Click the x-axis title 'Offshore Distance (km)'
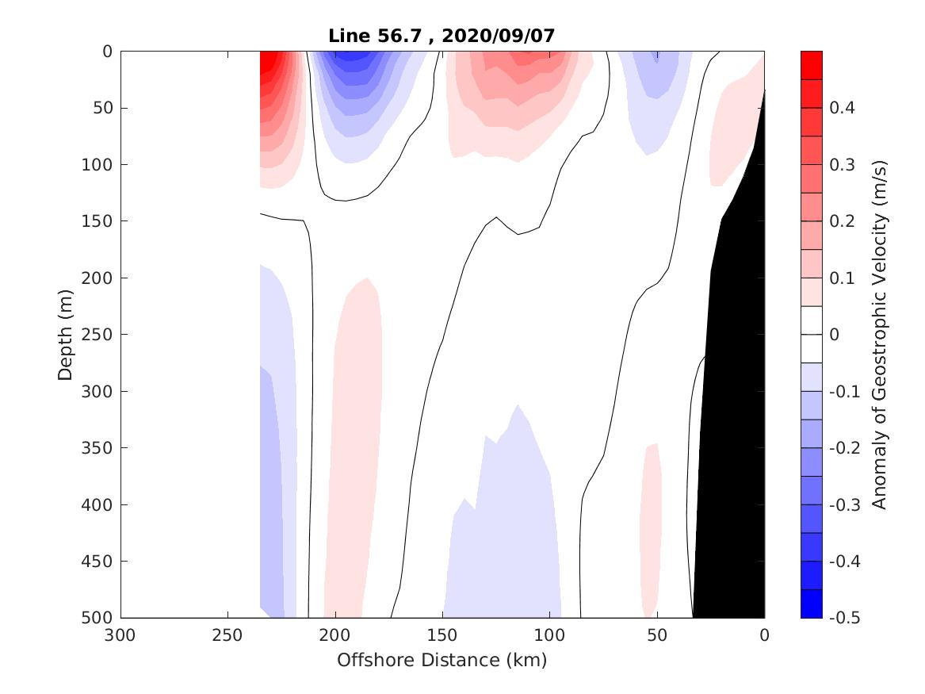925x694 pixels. pos(442,660)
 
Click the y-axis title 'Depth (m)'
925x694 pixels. pos(65,335)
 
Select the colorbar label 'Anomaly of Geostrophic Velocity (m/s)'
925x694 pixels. pos(877,335)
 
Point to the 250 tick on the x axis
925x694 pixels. pos(227,635)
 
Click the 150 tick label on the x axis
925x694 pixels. pos(442,635)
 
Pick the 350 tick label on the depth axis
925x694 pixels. pos(97,448)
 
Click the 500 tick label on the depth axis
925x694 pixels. pos(97,618)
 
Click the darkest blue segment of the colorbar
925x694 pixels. pos(811,604)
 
